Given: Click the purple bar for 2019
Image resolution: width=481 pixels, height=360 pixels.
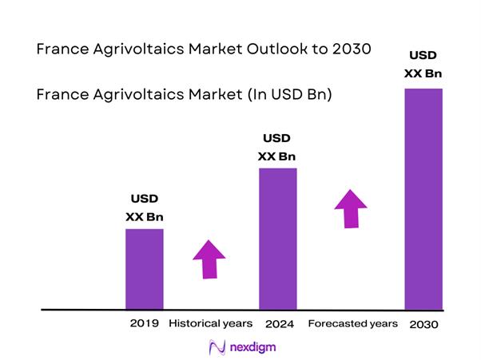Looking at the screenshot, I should [145, 268].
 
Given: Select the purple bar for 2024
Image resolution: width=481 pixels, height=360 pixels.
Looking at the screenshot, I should [277, 238].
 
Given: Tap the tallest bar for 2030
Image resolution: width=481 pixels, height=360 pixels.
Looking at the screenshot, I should [423, 198].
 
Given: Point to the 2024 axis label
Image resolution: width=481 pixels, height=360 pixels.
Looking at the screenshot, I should [278, 324].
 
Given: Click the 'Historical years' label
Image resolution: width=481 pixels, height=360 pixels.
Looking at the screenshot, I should [211, 323].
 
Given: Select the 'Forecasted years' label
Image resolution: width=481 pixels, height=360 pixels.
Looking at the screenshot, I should [352, 324].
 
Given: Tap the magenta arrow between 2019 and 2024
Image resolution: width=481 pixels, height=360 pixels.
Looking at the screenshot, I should [209, 259].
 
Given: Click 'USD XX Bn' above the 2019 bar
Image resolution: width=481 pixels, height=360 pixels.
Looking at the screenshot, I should [145, 207].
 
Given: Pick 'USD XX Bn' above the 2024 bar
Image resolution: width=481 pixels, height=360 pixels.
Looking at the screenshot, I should [277, 147].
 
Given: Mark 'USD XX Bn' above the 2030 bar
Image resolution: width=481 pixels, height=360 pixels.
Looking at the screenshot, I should [423, 65].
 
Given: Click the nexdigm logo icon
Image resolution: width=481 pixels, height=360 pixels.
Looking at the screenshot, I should [215, 347].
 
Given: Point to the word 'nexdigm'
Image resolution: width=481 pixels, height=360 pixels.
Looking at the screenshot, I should [250, 347].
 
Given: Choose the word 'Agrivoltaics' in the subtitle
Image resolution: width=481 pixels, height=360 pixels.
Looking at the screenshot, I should [133, 94].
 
